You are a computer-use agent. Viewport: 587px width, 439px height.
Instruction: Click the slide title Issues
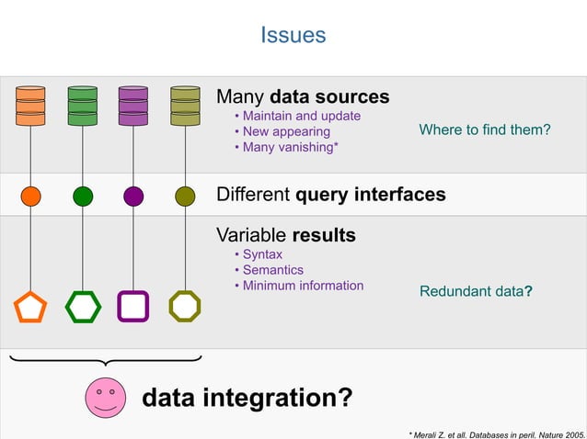point(293,35)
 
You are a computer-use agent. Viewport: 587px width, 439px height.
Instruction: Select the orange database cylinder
point(30,106)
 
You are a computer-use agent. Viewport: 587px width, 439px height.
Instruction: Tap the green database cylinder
point(82,106)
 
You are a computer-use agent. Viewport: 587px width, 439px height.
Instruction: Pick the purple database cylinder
point(133,106)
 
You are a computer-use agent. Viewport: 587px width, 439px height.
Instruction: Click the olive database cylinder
point(185,106)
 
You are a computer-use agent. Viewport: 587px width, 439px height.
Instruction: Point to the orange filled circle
point(30,196)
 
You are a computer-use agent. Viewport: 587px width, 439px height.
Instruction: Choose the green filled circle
point(82,196)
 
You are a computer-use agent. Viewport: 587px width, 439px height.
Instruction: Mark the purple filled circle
point(133,196)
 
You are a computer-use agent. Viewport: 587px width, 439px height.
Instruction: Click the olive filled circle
point(185,196)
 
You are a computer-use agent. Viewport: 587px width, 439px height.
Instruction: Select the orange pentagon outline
point(30,307)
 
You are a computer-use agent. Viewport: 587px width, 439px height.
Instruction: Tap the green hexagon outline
point(82,307)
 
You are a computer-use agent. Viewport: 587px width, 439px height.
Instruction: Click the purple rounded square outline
point(133,307)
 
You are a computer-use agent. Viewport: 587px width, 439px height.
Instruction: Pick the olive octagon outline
point(185,307)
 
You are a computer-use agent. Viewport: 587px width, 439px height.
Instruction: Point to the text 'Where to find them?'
point(484,130)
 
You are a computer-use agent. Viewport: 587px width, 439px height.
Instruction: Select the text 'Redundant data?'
point(476,291)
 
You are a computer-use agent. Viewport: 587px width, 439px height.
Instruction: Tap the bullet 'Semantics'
point(272,270)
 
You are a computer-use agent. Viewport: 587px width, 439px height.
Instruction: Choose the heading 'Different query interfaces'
point(330,195)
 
